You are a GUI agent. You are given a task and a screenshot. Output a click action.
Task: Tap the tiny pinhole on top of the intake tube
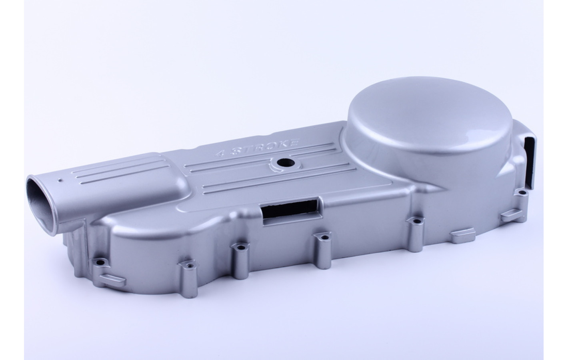60,180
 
